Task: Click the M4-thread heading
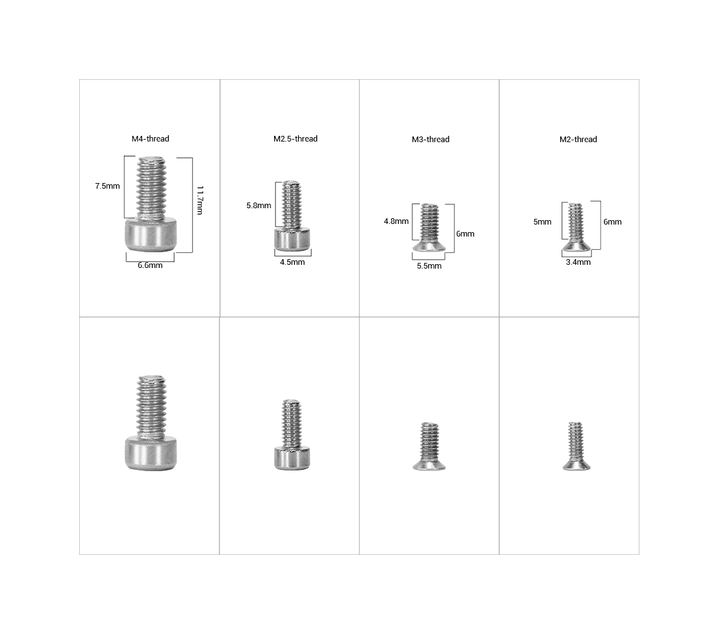(150, 139)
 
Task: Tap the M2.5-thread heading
(295, 139)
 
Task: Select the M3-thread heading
(431, 139)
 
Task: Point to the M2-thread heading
(578, 139)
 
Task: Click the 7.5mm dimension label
(108, 186)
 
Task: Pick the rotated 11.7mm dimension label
(200, 200)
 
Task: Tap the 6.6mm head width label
(150, 265)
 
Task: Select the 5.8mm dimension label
(258, 206)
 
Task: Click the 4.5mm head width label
(292, 262)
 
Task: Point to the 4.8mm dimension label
(396, 221)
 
